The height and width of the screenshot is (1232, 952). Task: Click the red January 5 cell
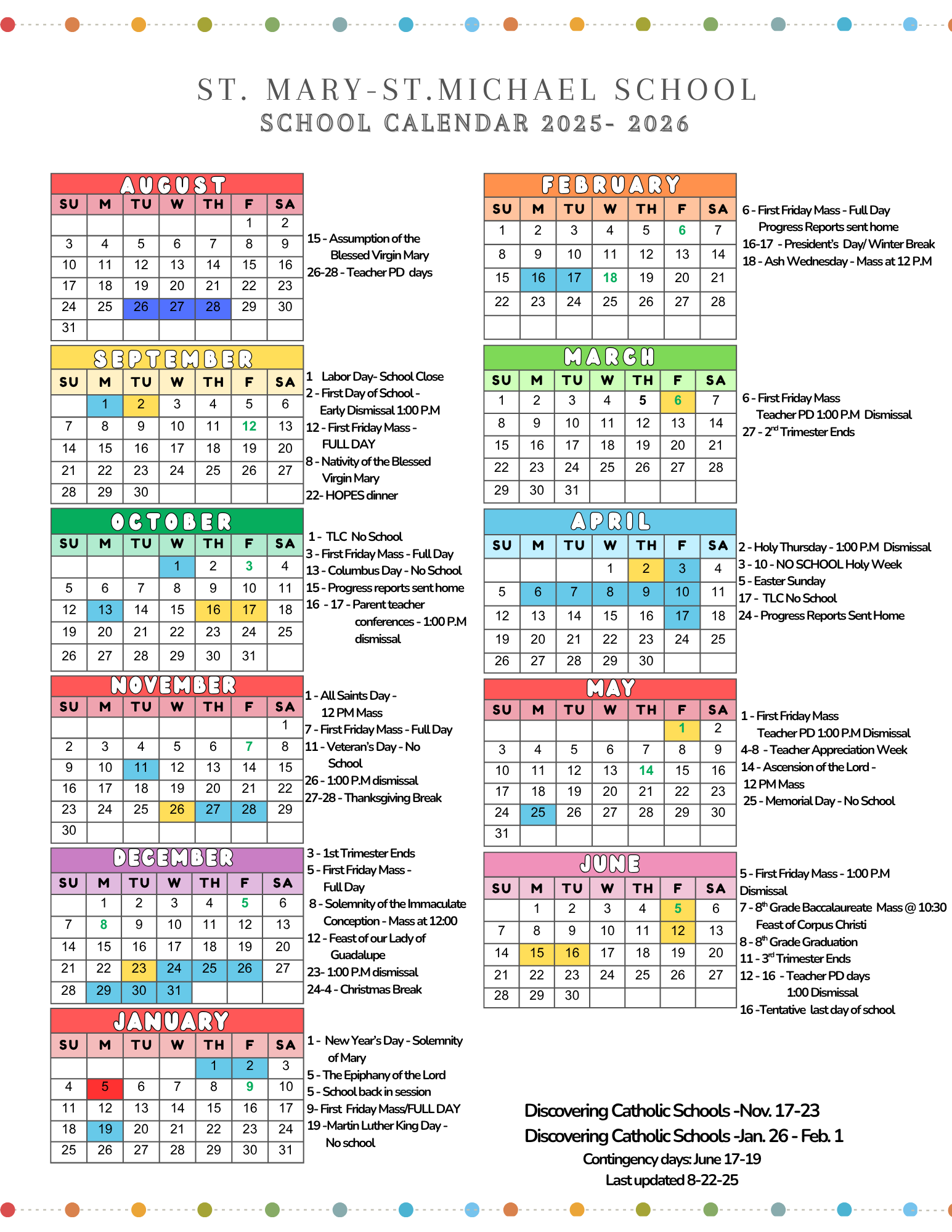(105, 1087)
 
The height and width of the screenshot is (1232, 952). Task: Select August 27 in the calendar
(177, 307)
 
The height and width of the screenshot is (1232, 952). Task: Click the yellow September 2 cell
(141, 404)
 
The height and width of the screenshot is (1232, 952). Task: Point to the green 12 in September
(249, 426)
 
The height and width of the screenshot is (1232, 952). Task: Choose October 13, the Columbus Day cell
(105, 610)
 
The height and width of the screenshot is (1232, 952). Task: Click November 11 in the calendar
(141, 768)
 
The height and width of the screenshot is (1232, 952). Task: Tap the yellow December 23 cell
(139, 968)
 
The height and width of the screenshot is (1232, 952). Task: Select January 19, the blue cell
(105, 1129)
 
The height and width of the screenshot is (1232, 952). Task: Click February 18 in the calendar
(610, 278)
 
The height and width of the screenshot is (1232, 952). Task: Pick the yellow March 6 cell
(678, 400)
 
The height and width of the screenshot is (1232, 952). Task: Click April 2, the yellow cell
(646, 569)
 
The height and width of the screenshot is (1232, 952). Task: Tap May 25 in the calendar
(538, 813)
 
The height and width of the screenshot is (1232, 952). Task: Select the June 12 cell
(678, 931)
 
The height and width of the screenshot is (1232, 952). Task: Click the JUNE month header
(610, 864)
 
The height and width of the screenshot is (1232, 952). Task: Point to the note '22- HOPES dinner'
(352, 495)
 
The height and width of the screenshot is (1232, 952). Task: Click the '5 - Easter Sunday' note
(783, 581)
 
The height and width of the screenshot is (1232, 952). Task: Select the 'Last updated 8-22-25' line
(672, 1180)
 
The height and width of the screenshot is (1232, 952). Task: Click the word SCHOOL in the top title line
(685, 90)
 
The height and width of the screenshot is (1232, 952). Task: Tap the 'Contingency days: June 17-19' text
(672, 1159)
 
